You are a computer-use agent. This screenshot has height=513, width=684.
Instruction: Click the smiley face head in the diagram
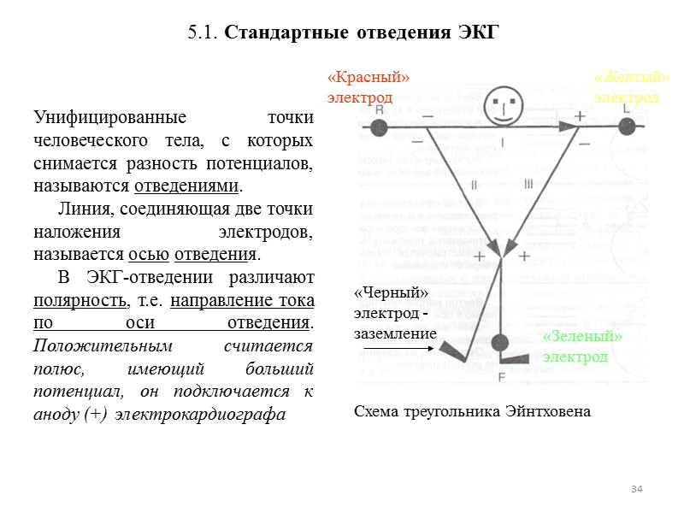pos(503,106)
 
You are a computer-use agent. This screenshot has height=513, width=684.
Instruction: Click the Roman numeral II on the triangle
pos(474,184)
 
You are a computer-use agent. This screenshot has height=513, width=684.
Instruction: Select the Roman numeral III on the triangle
pos(528,183)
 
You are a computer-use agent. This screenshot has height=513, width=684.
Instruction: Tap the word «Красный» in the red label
pos(369,78)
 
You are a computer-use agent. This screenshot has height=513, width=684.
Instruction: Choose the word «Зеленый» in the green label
pos(582,338)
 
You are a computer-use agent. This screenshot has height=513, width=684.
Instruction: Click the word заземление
pos(395,333)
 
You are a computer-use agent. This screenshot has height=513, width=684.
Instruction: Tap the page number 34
pos(636,488)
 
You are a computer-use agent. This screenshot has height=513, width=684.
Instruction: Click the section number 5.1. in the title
pos(203,33)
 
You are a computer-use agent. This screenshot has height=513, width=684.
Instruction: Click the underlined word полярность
pos(80,301)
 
